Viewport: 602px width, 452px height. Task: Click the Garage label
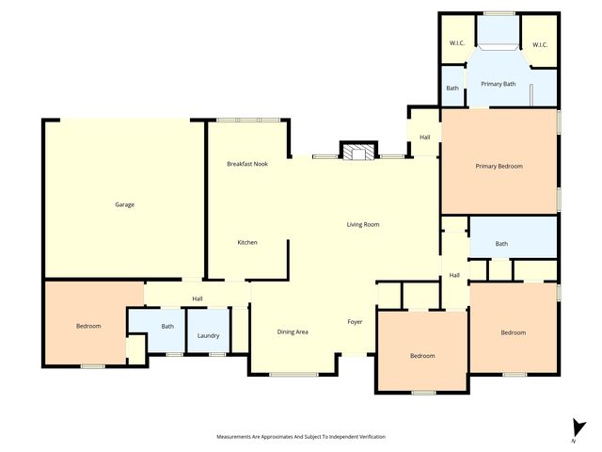tap(124, 204)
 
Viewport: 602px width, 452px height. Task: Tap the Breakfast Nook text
tap(247, 164)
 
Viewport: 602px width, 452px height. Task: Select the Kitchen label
tap(247, 242)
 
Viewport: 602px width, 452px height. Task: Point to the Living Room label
tap(362, 224)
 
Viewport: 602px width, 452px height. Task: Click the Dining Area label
tap(293, 331)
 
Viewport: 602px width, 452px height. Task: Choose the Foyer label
tap(355, 322)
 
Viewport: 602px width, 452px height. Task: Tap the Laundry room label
tap(208, 336)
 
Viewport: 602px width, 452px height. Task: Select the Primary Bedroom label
tap(499, 166)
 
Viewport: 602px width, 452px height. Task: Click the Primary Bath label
tap(499, 85)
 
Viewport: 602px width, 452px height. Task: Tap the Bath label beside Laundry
tap(167, 327)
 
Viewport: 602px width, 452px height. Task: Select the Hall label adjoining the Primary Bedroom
tap(425, 138)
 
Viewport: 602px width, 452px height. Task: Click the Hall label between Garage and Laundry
tap(198, 299)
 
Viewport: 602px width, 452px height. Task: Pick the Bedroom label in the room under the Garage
tap(88, 326)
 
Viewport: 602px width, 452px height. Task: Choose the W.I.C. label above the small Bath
tap(458, 44)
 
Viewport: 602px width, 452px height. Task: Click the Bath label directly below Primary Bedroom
tap(501, 244)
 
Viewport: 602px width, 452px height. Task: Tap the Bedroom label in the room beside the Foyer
tap(422, 355)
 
